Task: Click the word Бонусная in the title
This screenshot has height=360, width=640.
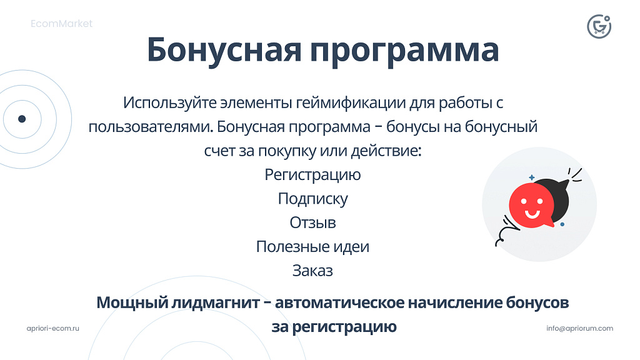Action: (x=224, y=50)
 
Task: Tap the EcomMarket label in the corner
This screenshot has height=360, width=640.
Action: (x=61, y=24)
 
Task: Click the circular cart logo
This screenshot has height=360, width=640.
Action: (x=599, y=26)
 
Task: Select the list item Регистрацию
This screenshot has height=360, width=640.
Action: (x=312, y=174)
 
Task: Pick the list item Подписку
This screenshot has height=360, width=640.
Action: (x=312, y=199)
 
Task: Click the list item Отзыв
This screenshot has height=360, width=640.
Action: (x=312, y=222)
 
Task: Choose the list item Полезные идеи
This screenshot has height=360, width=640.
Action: (x=312, y=247)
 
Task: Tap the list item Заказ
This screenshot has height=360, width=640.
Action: (x=312, y=271)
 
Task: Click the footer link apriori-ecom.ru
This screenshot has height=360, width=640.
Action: (x=54, y=328)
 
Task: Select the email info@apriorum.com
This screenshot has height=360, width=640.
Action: (x=579, y=328)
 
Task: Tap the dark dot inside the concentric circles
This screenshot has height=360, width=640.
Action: (x=22, y=119)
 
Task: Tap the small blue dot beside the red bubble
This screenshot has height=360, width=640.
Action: (x=562, y=224)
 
